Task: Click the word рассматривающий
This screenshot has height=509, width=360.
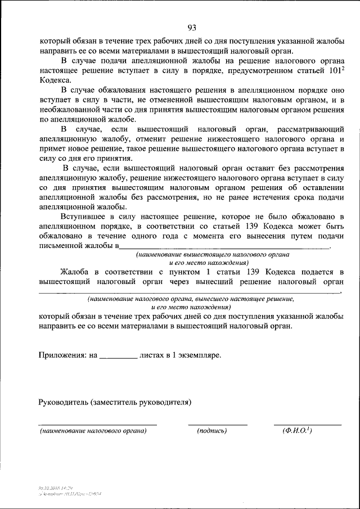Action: click(310, 129)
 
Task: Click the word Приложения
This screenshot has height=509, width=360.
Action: click(61, 355)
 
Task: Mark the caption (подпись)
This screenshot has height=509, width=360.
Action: click(212, 431)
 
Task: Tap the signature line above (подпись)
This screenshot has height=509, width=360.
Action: click(217, 424)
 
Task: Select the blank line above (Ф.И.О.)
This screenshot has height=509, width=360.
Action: click(307, 424)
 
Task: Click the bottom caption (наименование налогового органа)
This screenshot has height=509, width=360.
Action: click(93, 431)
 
